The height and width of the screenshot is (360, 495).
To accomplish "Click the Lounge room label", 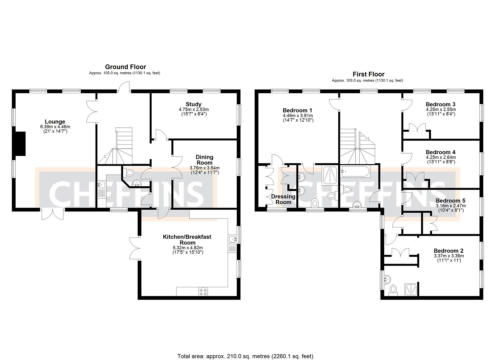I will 55,122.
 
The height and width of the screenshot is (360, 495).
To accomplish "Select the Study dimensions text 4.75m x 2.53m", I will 194,109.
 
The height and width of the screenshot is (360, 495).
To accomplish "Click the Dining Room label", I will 204,160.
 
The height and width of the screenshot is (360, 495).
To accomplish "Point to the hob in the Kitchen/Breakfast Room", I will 203,291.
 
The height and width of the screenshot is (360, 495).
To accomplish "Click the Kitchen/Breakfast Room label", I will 187,239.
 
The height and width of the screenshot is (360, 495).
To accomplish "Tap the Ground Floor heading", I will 125,67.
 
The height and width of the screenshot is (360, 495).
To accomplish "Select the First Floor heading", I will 368,74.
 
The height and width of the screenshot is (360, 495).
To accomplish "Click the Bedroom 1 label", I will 297,110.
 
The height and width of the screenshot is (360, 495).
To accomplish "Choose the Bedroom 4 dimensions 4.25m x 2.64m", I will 441,157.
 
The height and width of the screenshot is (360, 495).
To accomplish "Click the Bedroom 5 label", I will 450,201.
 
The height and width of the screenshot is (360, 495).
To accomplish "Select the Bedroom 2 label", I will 448,251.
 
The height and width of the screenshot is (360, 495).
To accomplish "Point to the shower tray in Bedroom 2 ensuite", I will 410,289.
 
